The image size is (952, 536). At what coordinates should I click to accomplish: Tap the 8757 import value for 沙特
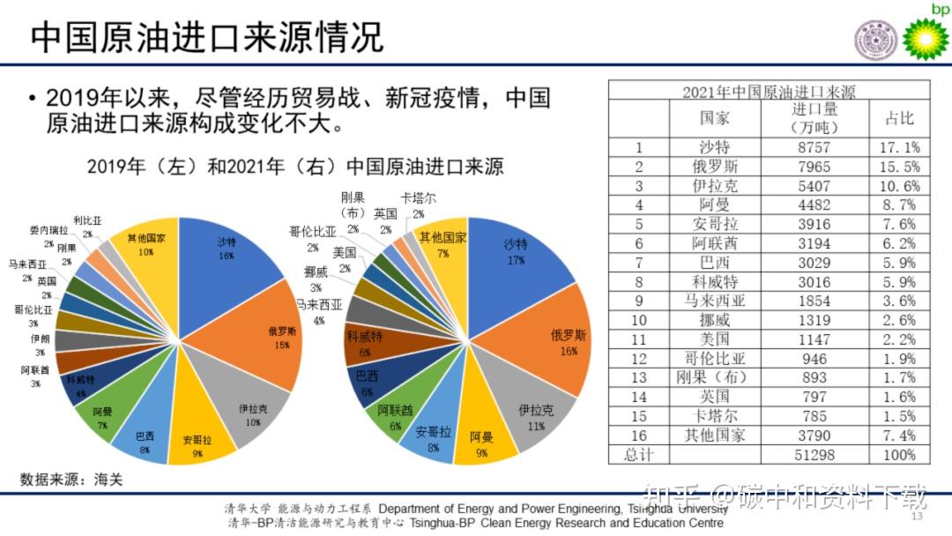[814, 147]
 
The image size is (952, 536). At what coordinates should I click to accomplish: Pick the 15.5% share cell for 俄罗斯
[899, 167]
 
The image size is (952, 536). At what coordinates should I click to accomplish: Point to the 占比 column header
[899, 118]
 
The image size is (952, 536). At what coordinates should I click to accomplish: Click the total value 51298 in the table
[814, 454]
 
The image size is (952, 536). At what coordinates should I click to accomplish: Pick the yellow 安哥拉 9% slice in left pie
[200, 436]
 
